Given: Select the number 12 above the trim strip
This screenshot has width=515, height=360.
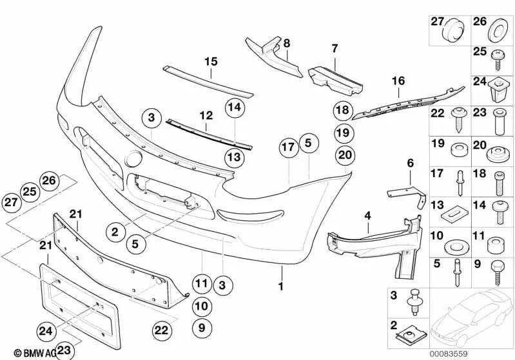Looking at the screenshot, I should tap(206, 116).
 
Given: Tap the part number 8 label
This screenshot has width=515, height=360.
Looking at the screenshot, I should tap(287, 43).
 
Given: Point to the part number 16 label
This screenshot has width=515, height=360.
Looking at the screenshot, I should tap(398, 81).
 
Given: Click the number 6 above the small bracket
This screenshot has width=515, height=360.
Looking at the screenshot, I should tap(410, 164).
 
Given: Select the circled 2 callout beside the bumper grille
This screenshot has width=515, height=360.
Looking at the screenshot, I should tap(114, 230).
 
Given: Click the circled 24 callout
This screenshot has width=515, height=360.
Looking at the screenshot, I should tap(45, 331).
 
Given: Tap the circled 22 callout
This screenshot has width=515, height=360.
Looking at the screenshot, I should tap(162, 329).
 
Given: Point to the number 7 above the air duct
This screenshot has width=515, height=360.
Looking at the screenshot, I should tap(335, 48).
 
